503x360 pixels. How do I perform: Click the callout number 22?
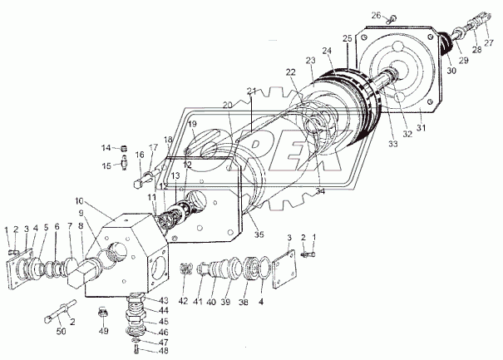[291, 72]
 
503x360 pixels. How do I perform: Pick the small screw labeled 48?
[136, 349]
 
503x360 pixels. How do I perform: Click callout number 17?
[152, 147]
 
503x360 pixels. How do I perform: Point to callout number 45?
[165, 320]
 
